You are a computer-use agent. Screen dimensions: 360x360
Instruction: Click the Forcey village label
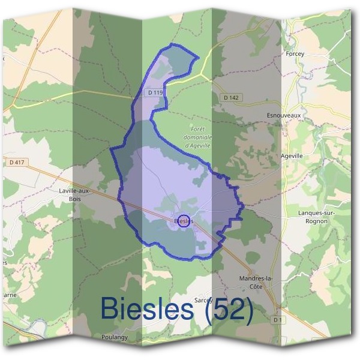(x=295, y=54)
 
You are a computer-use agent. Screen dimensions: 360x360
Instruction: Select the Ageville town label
(x=292, y=155)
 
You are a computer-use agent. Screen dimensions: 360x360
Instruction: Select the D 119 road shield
(x=154, y=93)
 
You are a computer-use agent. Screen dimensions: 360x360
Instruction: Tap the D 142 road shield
(x=230, y=97)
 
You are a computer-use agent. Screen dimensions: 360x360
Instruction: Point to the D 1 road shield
(x=277, y=320)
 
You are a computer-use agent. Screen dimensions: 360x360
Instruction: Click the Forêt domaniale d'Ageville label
(x=198, y=137)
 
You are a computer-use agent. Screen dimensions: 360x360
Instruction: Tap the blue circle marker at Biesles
(x=184, y=221)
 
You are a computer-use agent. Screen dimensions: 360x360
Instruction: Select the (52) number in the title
(x=226, y=309)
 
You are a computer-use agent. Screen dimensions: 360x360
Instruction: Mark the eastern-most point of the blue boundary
(x=242, y=207)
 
